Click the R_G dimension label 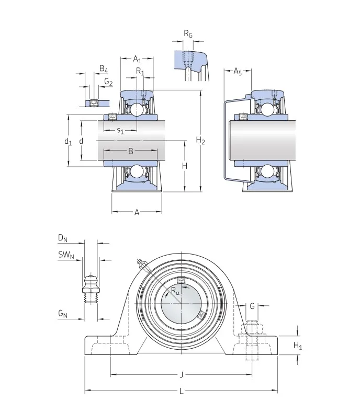point(188,34)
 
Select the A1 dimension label point(137,59)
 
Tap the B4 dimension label point(104,69)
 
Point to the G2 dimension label point(108,82)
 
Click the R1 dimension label point(140,71)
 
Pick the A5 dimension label point(237,71)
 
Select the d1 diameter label point(67,141)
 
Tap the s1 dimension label point(120,131)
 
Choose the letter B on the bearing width point(130,152)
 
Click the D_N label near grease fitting point(63,239)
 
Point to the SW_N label point(66,255)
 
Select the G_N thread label point(63,314)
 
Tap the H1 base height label point(297,346)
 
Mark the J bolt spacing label point(182,374)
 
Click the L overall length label point(182,391)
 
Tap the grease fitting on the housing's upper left point(140,263)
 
